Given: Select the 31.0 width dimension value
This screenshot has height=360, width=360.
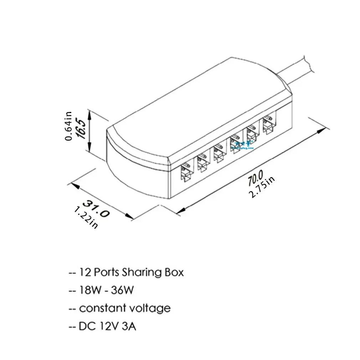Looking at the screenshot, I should coord(96,208).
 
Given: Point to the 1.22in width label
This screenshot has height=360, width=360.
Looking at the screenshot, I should coord(86,218).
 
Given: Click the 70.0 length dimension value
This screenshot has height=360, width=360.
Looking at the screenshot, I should coord(255,177).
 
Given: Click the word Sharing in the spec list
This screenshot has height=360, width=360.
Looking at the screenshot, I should coord(142,273).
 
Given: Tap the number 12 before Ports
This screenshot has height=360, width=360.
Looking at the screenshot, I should coord(86,273).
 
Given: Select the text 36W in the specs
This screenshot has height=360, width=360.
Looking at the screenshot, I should coord(122,291).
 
